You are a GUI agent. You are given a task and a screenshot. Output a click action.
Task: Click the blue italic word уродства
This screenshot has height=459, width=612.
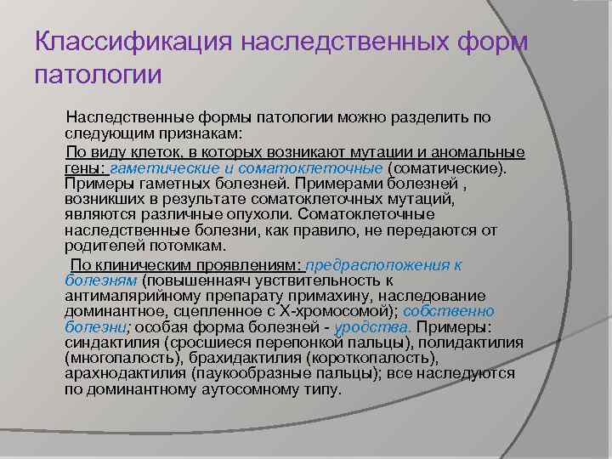374,327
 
